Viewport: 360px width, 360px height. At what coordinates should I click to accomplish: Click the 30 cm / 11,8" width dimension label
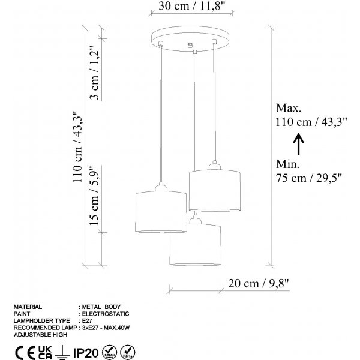pyautogui.click(x=191, y=6)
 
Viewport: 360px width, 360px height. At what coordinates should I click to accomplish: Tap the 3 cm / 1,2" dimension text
pyautogui.click(x=95, y=73)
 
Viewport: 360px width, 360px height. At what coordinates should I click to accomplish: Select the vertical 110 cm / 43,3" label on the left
pyautogui.click(x=78, y=147)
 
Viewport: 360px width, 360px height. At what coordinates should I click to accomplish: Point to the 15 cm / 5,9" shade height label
pyautogui.click(x=95, y=196)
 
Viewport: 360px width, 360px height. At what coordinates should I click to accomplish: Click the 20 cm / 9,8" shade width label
pyautogui.click(x=258, y=284)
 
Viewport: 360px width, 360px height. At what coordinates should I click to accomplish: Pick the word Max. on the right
pyautogui.click(x=289, y=108)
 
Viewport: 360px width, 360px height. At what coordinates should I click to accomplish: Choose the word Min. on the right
pyautogui.click(x=287, y=164)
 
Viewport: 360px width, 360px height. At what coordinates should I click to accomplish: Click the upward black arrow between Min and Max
pyautogui.click(x=298, y=144)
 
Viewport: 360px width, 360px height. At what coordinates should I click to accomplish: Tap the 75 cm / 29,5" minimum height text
pyautogui.click(x=309, y=178)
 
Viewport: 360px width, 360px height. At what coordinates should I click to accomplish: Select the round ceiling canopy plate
pyautogui.click(x=190, y=38)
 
